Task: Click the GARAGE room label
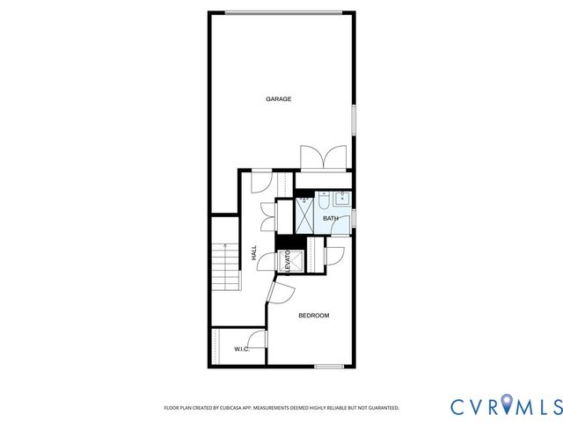(279, 98)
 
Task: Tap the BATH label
(330, 218)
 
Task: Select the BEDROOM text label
(313, 316)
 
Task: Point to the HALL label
(254, 252)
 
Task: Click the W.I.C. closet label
(242, 350)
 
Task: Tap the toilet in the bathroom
(344, 218)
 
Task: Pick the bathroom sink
(325, 197)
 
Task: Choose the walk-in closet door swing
(259, 340)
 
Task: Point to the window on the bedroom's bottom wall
(329, 366)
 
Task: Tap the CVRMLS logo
(505, 406)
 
